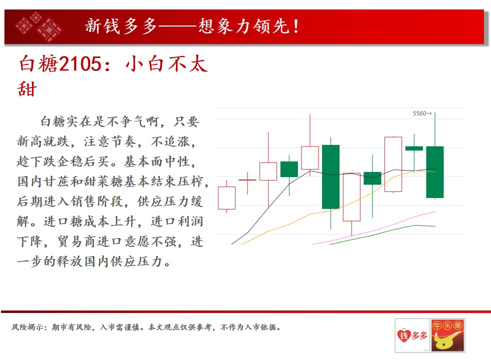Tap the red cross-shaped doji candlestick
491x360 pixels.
[247, 180]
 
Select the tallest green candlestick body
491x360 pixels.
[330, 177]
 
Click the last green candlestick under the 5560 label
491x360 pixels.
[435, 172]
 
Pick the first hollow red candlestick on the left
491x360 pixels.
[226, 198]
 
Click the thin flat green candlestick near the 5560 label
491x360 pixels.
[414, 148]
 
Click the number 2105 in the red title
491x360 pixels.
[80, 63]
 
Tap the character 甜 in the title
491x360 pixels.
[27, 89]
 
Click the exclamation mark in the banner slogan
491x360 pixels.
[296, 26]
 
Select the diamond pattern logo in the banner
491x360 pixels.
[39, 27]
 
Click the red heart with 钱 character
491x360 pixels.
[404, 335]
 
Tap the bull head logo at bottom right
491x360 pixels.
[447, 335]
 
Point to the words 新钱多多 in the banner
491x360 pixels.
[121, 26]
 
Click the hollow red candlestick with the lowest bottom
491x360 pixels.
[351, 197]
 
